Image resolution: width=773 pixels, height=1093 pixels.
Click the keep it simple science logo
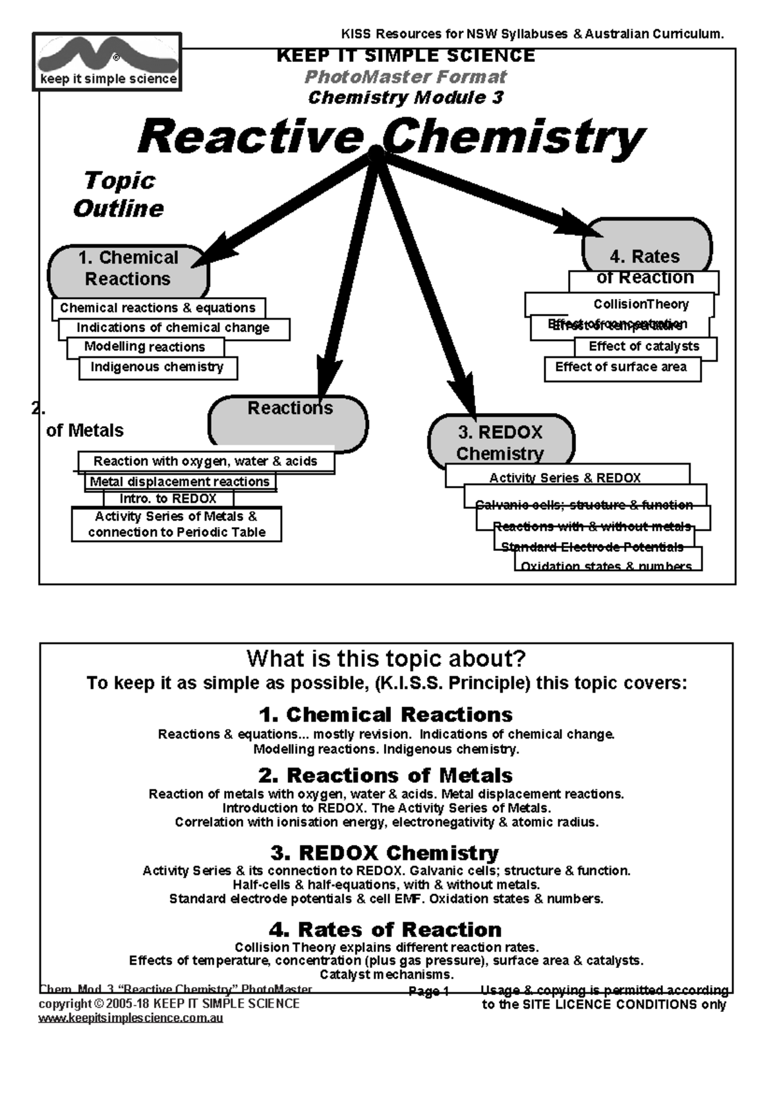point(107,62)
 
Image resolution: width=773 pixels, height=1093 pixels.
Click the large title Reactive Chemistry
point(390,137)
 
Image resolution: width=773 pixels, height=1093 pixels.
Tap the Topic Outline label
point(119,195)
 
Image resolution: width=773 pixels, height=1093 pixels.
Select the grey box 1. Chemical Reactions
point(128,269)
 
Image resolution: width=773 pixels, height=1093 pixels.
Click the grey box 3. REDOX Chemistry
point(501,442)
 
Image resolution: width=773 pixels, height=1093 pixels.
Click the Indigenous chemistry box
point(157,367)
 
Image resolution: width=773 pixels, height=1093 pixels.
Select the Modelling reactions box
point(145,347)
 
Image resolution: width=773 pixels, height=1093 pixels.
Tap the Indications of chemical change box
point(173,328)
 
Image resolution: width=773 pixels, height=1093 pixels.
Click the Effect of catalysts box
point(644,347)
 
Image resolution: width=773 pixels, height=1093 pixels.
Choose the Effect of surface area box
point(622,368)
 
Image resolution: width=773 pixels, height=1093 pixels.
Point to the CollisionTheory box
point(641,304)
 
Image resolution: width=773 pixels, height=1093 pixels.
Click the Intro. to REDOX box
point(168,499)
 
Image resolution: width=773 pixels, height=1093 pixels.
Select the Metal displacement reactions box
point(180,481)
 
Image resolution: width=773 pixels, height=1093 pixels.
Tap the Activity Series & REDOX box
point(565,478)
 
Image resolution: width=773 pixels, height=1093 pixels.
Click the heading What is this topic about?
point(386,659)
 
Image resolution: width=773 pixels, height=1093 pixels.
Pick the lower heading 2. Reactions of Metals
point(386,775)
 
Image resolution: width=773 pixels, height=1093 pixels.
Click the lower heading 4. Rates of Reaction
point(386,929)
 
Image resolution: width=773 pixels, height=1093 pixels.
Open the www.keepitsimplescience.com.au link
point(131,1018)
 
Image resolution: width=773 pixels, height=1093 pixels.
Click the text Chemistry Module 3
point(405,98)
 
